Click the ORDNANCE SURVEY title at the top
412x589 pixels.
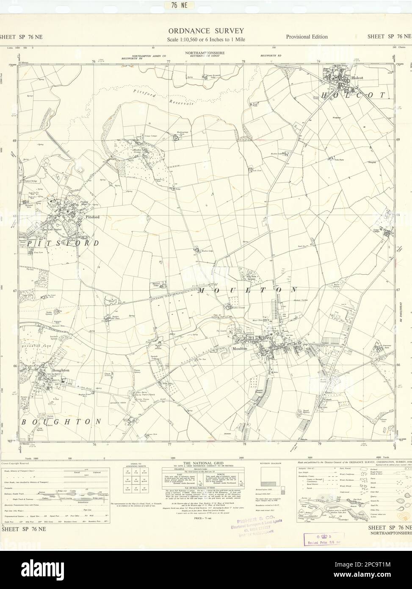click(206, 31)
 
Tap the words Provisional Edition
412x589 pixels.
click(307, 37)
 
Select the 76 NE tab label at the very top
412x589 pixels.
click(207, 6)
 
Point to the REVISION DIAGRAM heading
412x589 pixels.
click(271, 464)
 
